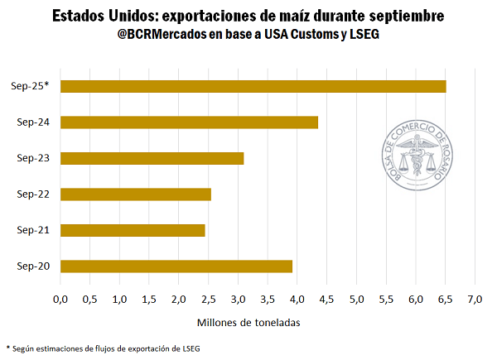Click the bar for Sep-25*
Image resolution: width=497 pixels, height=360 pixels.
(x=253, y=86)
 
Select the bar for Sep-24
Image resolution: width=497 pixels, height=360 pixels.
(x=189, y=122)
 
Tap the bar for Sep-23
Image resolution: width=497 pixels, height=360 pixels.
(x=152, y=158)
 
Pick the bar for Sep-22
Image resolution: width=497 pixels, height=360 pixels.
(x=136, y=194)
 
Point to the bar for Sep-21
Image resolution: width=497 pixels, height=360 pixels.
(x=133, y=230)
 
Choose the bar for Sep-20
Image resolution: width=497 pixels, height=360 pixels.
(x=176, y=266)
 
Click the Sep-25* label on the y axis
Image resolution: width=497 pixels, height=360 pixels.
(x=31, y=86)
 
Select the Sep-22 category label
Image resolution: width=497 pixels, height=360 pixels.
(x=33, y=194)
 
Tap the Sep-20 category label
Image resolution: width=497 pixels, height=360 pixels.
(x=33, y=266)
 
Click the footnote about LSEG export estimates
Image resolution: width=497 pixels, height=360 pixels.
(x=103, y=348)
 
